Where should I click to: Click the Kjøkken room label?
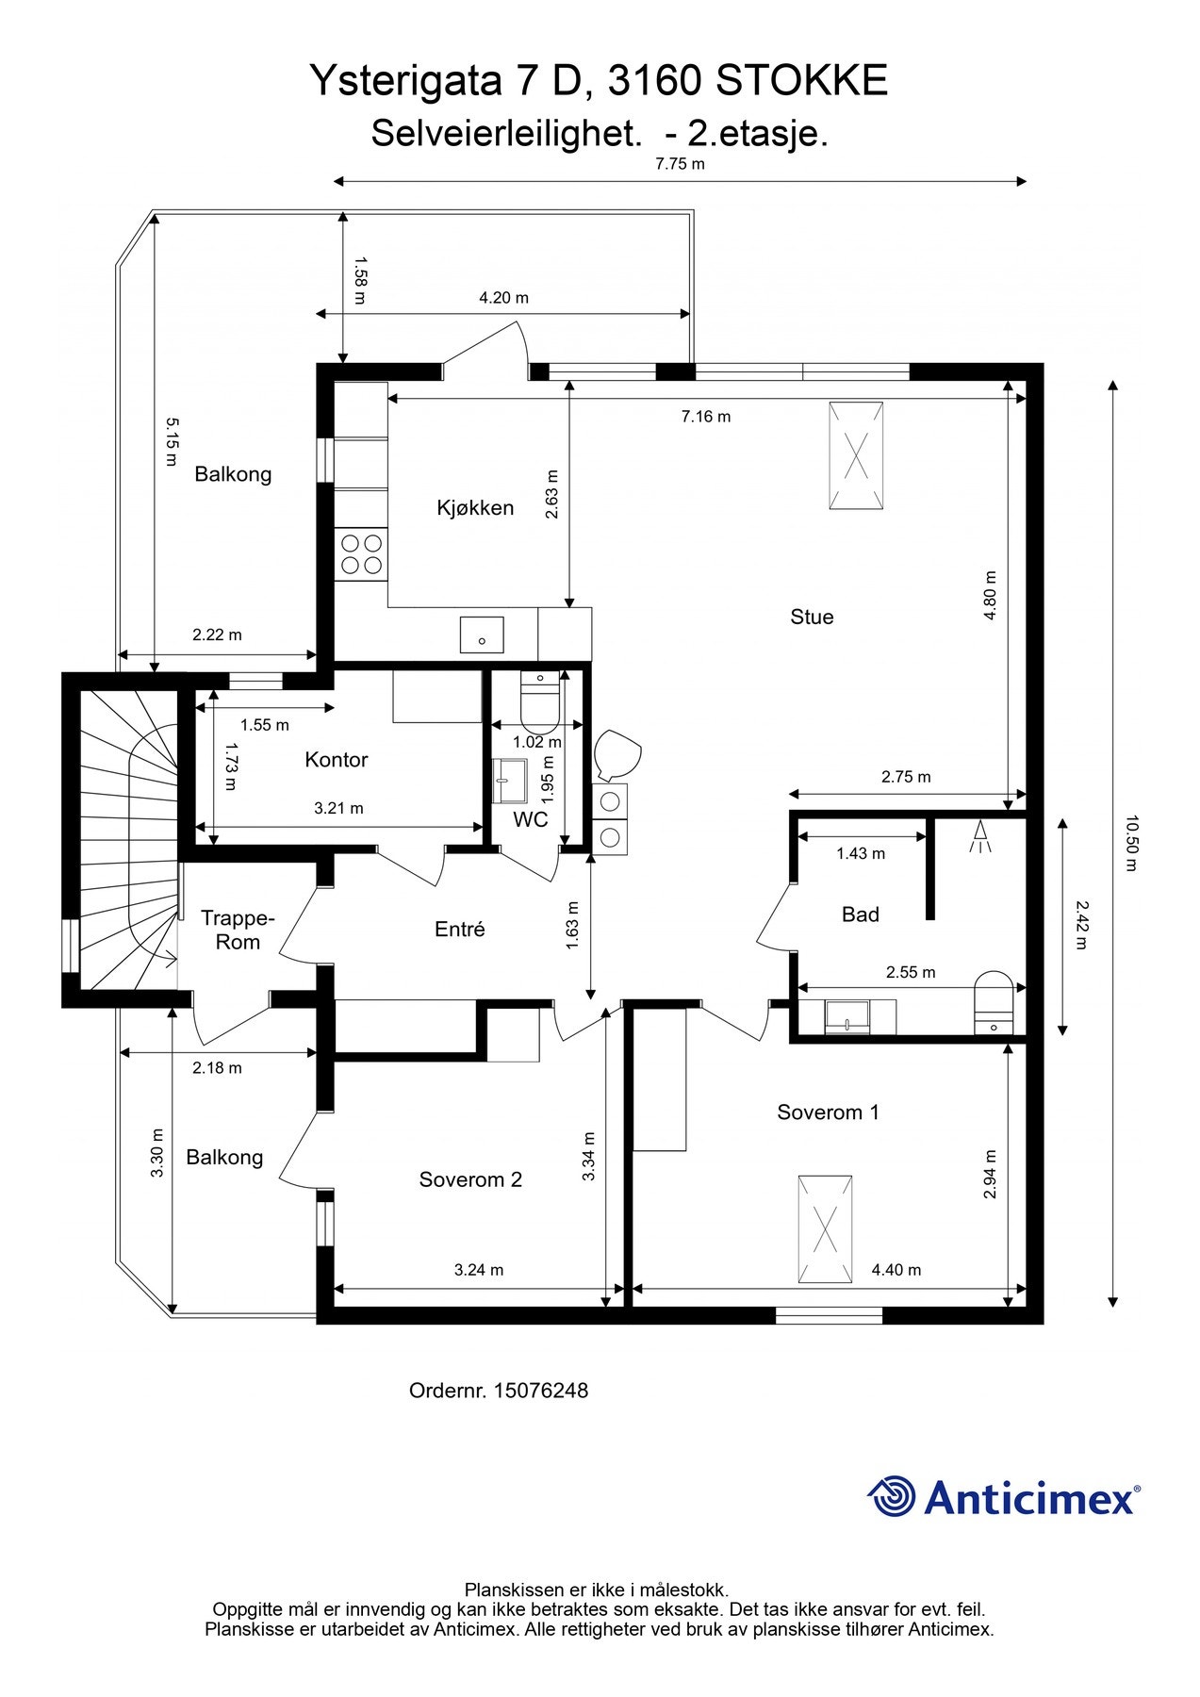[x=475, y=508]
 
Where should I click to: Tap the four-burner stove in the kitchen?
[x=362, y=554]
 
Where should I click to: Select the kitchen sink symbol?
[x=482, y=634]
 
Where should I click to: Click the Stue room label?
[x=812, y=617]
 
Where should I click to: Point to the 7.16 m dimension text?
[x=706, y=416]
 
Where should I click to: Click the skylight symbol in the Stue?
[x=856, y=456]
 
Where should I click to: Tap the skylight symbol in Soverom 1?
[x=826, y=1229]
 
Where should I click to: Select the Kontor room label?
[x=337, y=760]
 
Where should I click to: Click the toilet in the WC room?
[x=539, y=698]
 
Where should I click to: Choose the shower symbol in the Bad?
[x=981, y=836]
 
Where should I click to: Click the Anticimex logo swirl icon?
[x=891, y=1496]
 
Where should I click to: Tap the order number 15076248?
[x=541, y=1391]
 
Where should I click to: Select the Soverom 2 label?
[x=470, y=1179]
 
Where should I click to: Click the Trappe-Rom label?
[x=238, y=930]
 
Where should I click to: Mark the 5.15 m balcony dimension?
[x=171, y=441]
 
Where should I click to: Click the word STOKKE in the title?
[x=801, y=82]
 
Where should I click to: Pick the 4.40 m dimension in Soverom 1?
[x=896, y=1270]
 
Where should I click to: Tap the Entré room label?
[x=460, y=930]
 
